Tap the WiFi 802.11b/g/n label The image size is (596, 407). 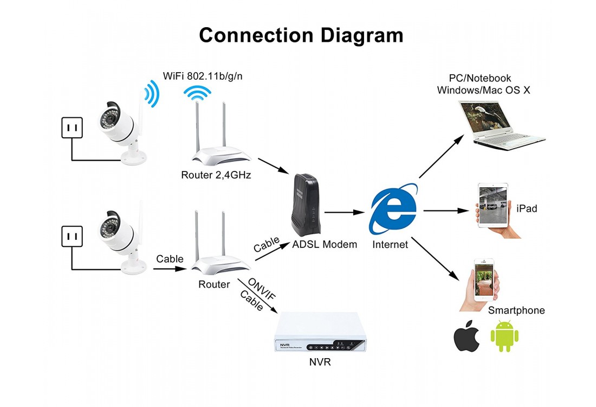pos(203,76)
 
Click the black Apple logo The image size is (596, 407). pos(467,337)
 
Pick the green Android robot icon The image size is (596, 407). pos(504,336)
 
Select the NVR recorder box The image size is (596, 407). pos(321,334)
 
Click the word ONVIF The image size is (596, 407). pos(261,288)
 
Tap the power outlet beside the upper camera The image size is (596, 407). pos(72,129)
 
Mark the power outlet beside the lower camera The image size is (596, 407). pos(72,237)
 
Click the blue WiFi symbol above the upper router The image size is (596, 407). pos(197,93)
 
